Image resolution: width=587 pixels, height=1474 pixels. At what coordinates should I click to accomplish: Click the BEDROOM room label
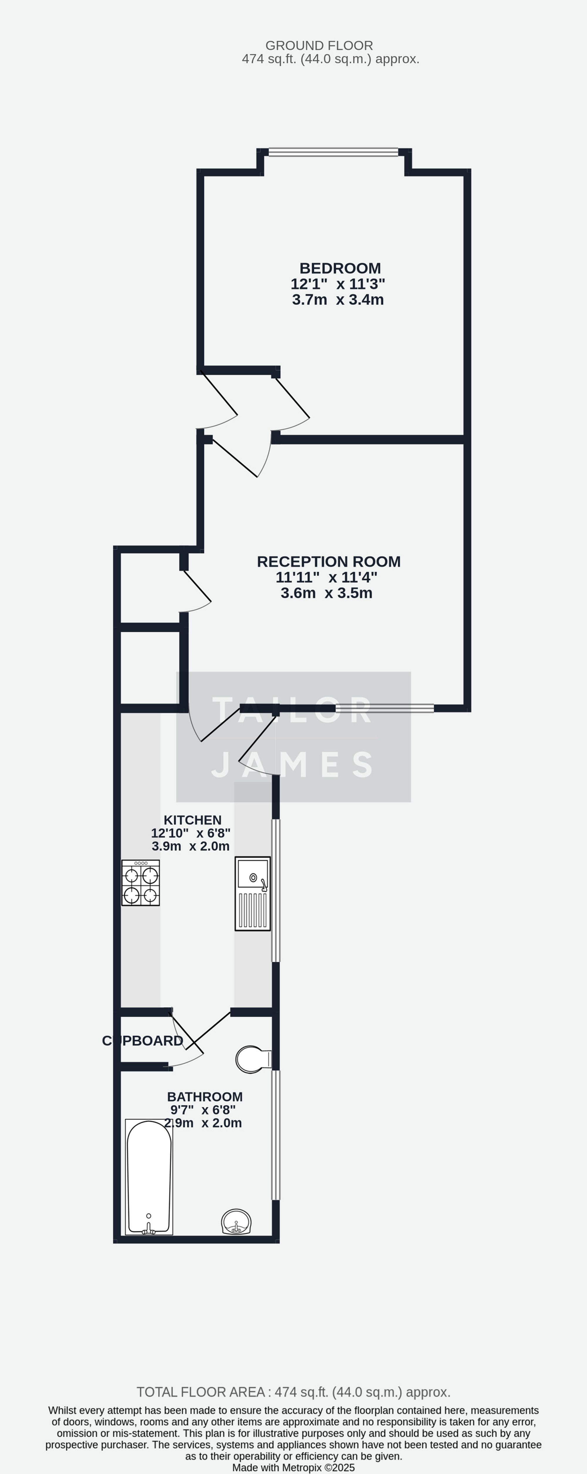[x=340, y=268]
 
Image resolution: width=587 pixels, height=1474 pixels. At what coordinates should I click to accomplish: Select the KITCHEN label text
[x=192, y=820]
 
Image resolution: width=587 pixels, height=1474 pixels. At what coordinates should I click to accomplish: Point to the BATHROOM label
[x=205, y=1097]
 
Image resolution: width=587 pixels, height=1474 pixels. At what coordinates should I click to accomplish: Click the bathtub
[x=149, y=1176]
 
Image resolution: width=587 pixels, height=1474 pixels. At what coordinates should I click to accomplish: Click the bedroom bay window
[x=333, y=152]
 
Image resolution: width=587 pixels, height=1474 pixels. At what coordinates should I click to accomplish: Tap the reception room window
[x=384, y=709]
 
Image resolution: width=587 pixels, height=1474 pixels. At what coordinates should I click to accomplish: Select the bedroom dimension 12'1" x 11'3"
[x=338, y=284]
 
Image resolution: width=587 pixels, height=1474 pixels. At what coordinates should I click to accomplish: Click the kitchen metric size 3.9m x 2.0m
[x=190, y=846]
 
